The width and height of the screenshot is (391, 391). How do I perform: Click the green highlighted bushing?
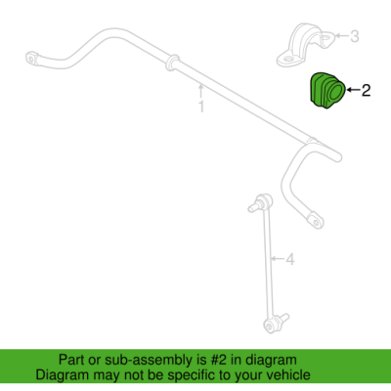(x=326, y=90)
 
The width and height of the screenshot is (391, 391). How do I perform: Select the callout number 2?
(x=366, y=90)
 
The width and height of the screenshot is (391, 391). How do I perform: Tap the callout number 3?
(x=354, y=36)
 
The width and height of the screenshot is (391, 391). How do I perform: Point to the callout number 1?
(x=201, y=107)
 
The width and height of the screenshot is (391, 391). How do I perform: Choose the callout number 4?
(x=290, y=259)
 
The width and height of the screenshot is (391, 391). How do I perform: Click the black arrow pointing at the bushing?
(x=353, y=90)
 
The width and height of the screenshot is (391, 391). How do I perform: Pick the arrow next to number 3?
(x=341, y=35)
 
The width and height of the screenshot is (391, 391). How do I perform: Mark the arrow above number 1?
(x=201, y=91)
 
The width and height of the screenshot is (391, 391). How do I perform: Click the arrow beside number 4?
(x=278, y=259)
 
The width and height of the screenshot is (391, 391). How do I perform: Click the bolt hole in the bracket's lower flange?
(x=289, y=60)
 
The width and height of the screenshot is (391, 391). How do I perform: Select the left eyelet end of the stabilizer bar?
(x=32, y=59)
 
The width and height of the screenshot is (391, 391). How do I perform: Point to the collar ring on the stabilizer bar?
(x=172, y=62)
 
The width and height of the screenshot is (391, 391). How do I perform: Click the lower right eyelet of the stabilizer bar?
(x=316, y=221)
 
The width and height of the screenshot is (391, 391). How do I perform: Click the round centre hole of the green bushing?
(x=334, y=93)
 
